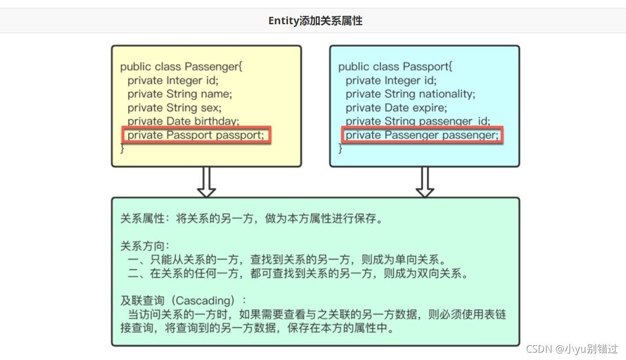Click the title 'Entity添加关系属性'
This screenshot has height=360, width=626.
[315, 21]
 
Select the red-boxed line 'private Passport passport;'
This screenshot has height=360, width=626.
[196, 135]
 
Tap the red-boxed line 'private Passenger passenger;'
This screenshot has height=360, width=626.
[421, 135]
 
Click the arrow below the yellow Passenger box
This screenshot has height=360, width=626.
[206, 182]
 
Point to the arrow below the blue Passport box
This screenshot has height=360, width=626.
[425, 182]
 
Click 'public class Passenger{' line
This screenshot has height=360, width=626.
[181, 67]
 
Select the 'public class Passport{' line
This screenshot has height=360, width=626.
[395, 67]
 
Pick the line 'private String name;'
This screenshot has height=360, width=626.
[179, 94]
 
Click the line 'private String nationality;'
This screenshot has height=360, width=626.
[410, 94]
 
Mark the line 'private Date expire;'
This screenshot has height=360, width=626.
[396, 108]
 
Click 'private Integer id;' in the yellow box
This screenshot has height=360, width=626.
[172, 81]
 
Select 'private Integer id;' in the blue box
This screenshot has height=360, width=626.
[391, 81]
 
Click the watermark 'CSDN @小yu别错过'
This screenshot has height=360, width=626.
[572, 349]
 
